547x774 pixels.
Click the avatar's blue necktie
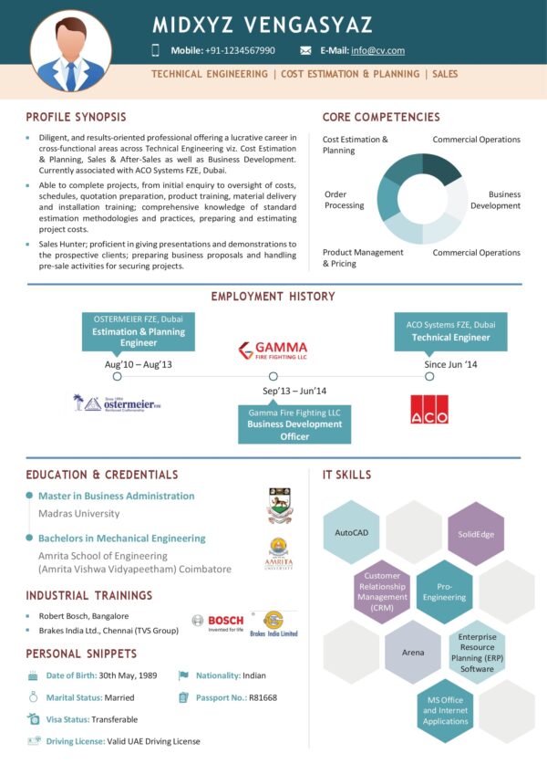71,74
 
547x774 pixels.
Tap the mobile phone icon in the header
156,50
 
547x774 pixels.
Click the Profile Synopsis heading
76,117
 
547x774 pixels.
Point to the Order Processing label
344,199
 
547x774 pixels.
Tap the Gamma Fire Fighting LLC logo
273,350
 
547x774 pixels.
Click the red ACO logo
428,409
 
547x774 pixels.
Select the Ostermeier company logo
117,402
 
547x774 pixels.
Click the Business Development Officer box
294,424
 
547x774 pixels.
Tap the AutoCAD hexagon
351,531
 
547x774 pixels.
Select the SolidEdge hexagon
476,533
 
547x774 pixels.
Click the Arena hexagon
413,652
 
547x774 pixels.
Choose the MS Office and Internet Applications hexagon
445,709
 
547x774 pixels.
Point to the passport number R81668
263,697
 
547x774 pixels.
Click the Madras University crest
279,506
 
